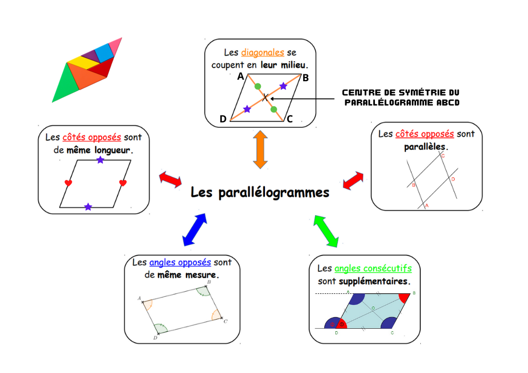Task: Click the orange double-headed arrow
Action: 261,150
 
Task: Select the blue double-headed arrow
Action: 195,230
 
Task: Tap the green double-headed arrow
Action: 326,231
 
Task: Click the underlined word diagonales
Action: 262,53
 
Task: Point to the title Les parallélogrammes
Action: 260,193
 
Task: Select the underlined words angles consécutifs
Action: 373,269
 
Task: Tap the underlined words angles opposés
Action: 180,262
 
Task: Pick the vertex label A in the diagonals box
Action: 240,76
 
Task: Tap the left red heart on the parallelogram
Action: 68,183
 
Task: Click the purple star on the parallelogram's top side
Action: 100,160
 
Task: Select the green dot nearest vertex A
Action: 257,86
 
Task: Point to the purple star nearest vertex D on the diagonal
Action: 247,109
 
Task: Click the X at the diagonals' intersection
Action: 265,97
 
